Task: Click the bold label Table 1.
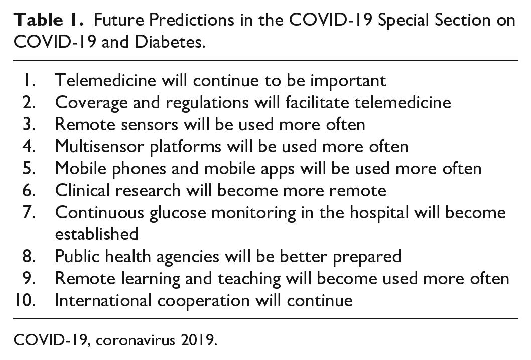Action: (48, 20)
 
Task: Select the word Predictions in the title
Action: (191, 20)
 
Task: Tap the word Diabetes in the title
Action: (170, 42)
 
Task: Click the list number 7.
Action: (29, 213)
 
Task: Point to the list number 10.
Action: (25, 300)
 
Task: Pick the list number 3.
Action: (29, 125)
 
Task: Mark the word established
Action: (97, 234)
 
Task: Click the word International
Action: (103, 300)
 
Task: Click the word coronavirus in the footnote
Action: (136, 340)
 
